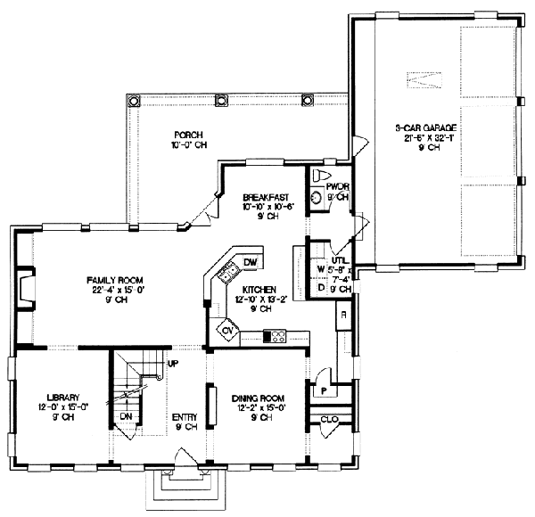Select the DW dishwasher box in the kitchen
[250, 260]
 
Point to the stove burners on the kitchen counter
[277, 336]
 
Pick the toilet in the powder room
[322, 175]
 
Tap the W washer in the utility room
[320, 267]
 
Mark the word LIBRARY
[64, 398]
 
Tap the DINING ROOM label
[258, 398]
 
